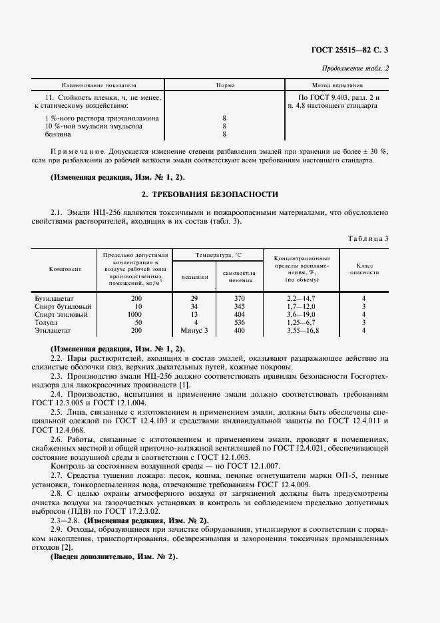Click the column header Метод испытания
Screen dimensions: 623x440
337,86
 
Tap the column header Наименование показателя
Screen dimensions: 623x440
99,86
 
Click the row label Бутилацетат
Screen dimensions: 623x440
53,299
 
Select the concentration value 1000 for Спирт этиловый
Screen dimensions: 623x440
135,314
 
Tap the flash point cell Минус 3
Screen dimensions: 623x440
194,329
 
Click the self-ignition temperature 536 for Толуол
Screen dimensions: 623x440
240,322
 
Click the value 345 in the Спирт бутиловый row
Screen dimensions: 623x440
240,307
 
